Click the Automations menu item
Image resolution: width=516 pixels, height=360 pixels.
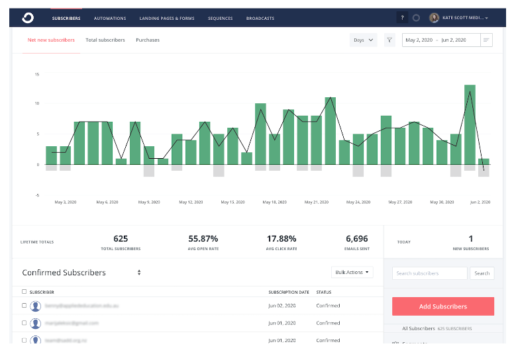pyautogui.click(x=110, y=19)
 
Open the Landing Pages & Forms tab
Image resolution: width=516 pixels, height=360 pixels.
pyautogui.click(x=167, y=19)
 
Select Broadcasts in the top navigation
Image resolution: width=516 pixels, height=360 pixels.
pyautogui.click(x=260, y=19)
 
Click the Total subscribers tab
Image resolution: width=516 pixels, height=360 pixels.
pyautogui.click(x=105, y=40)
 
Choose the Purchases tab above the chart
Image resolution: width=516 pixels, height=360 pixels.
pyautogui.click(x=148, y=40)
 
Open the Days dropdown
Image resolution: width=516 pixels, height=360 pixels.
pyautogui.click(x=364, y=40)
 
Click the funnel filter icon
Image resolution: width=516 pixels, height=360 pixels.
pyautogui.click(x=389, y=40)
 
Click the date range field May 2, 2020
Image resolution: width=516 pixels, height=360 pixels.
pyautogui.click(x=419, y=40)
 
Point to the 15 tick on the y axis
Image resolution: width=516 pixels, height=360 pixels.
pyautogui.click(x=38, y=74)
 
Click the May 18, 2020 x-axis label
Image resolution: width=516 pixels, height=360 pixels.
pyautogui.click(x=274, y=202)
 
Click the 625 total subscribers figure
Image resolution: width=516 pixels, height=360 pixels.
pyautogui.click(x=121, y=239)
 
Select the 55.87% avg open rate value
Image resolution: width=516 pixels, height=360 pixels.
pyautogui.click(x=203, y=239)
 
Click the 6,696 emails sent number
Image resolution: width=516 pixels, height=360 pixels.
pyautogui.click(x=357, y=239)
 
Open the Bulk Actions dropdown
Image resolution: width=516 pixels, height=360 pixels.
pyautogui.click(x=352, y=272)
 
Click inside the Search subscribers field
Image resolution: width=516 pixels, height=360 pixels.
pyautogui.click(x=429, y=273)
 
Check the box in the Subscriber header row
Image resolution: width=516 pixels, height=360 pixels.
pyautogui.click(x=25, y=292)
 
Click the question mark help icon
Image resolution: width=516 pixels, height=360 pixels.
pyautogui.click(x=402, y=18)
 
